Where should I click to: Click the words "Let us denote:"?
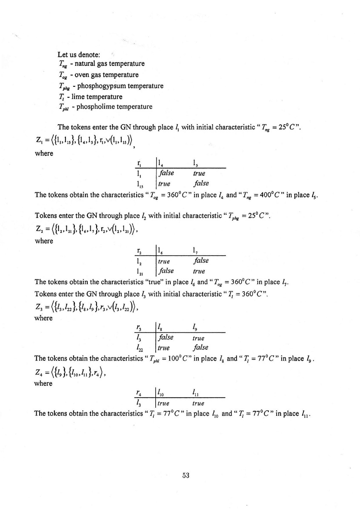coord(79,55)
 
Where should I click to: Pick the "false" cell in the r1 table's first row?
coord(166,173)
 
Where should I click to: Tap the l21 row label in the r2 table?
coord(139,271)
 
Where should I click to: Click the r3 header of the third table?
coord(139,327)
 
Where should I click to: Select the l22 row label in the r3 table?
coord(139,348)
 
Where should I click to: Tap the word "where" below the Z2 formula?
coord(43,241)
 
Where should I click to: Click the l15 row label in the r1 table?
coord(139,183)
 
